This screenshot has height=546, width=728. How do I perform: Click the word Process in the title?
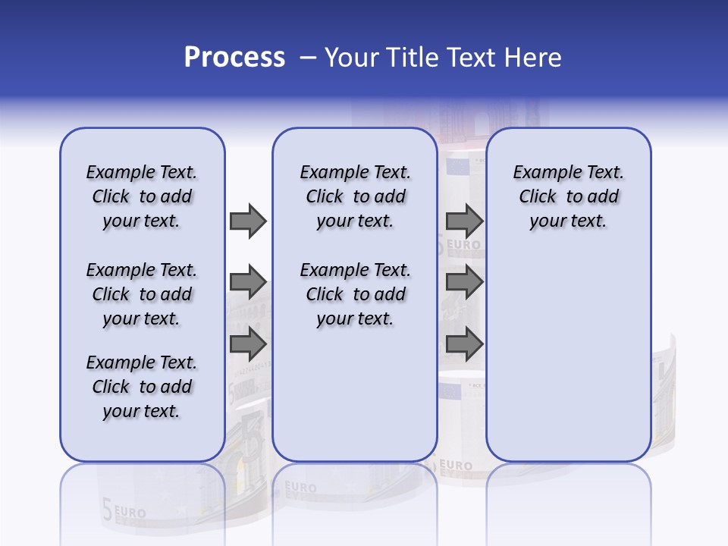[234, 58]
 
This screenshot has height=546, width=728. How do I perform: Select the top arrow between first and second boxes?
[247, 221]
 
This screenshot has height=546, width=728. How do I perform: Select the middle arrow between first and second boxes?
[247, 283]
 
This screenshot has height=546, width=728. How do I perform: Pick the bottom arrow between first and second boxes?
[247, 344]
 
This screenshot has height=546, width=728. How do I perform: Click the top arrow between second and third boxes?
[464, 221]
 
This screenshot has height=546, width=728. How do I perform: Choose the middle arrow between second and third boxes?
[464, 282]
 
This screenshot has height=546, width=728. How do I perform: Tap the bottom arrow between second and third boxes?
[464, 344]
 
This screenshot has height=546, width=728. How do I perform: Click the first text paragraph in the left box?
[142, 196]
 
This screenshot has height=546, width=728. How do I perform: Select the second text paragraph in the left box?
[142, 294]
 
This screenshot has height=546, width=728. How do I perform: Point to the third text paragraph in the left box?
[142, 387]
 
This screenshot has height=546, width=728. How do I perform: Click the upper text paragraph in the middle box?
[355, 196]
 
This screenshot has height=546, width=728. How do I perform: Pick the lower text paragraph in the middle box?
[355, 294]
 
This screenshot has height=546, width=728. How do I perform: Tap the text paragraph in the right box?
[568, 196]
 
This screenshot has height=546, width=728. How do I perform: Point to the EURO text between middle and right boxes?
[463, 244]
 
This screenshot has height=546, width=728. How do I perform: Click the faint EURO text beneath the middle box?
[301, 488]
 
